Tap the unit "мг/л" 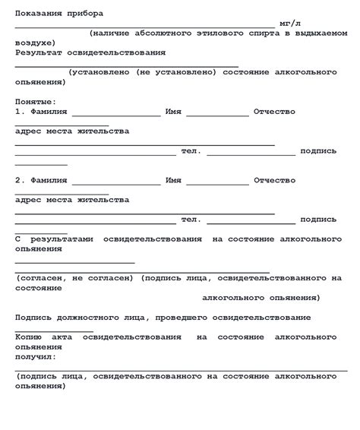291,24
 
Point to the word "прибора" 86,14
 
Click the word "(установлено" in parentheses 99,72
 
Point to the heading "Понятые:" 35,101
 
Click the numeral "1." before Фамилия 21,111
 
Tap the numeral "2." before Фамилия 21,181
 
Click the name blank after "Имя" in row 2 217,184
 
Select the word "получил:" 36,356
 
